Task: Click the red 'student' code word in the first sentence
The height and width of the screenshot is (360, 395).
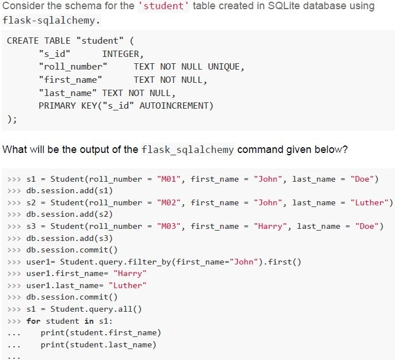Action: click(x=164, y=6)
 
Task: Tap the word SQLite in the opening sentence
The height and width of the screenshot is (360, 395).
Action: click(x=284, y=6)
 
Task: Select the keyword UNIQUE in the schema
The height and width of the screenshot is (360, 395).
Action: click(x=223, y=67)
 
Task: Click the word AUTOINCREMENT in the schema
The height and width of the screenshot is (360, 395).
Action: click(x=173, y=106)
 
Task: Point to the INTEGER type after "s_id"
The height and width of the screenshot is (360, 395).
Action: click(x=121, y=54)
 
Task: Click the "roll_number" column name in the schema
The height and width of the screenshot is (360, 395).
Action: click(x=73, y=67)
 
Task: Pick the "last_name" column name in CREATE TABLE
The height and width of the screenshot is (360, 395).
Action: click(x=67, y=93)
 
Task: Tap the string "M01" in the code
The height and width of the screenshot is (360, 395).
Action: click(x=169, y=179)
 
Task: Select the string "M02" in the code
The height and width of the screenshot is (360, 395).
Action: click(x=169, y=203)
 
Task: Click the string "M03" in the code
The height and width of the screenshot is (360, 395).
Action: click(x=169, y=227)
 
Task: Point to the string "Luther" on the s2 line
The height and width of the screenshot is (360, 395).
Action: click(x=371, y=203)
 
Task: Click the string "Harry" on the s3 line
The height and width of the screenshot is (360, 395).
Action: click(x=270, y=227)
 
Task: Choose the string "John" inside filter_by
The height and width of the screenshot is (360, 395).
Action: click(x=244, y=262)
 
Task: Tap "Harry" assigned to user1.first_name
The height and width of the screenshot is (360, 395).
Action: click(x=130, y=274)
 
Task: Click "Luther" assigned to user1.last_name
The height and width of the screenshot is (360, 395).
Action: click(x=127, y=286)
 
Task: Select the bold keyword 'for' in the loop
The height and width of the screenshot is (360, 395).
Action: click(x=33, y=321)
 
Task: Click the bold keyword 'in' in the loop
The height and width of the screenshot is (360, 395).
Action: click(x=89, y=321)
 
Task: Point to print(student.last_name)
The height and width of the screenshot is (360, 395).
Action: click(x=98, y=344)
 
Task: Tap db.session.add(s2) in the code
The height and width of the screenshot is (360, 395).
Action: click(x=69, y=215)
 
